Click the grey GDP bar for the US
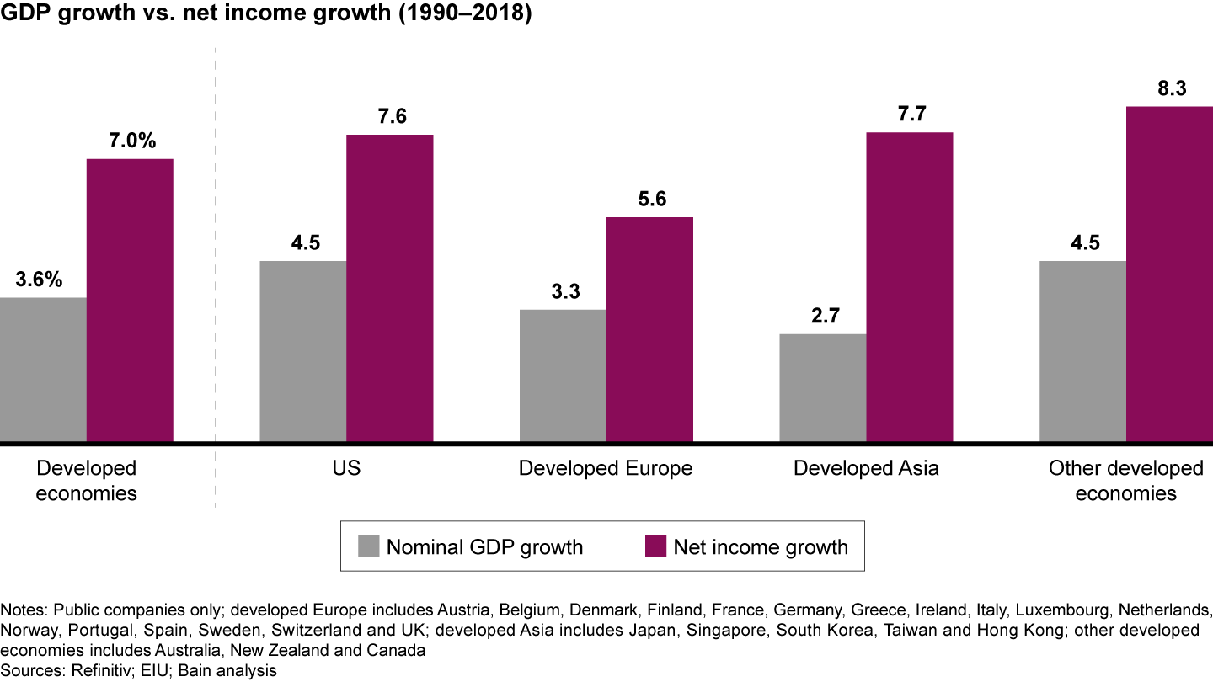pyautogui.click(x=302, y=351)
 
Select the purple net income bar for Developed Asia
pyautogui.click(x=909, y=287)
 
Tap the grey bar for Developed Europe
pyautogui.click(x=563, y=376)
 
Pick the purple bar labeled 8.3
pyautogui.click(x=1169, y=274)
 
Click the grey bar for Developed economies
pyautogui.click(x=43, y=370)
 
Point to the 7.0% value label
pyautogui.click(x=132, y=141)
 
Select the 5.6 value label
pyautogui.click(x=650, y=200)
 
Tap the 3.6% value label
pyautogui.click(x=39, y=280)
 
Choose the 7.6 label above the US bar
pyautogui.click(x=391, y=117)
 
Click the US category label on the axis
pyautogui.click(x=346, y=468)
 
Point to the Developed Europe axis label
pyautogui.click(x=606, y=468)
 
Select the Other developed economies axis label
pyautogui.click(x=1126, y=480)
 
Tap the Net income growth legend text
pyautogui.click(x=760, y=547)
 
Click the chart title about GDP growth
pyautogui.click(x=266, y=14)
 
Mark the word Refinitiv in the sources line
pyautogui.click(x=86, y=670)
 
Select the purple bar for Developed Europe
pyautogui.click(x=649, y=329)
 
